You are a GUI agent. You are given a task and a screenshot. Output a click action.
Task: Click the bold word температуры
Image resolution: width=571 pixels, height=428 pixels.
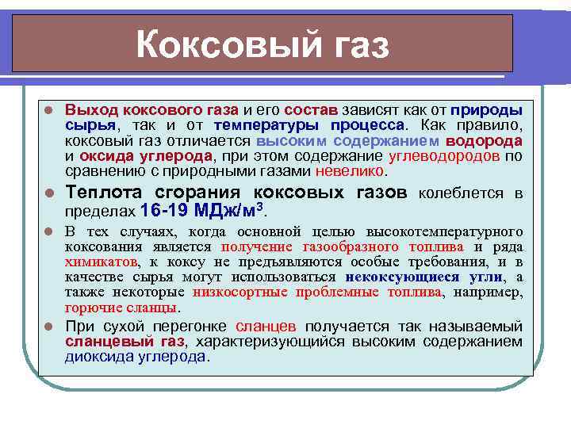pyautogui.click(x=266, y=125)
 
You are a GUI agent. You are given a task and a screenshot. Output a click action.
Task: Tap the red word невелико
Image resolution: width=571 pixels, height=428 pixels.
pyautogui.click(x=350, y=170)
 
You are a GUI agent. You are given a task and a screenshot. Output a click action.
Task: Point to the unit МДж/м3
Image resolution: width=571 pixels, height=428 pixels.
pyautogui.click(x=230, y=211)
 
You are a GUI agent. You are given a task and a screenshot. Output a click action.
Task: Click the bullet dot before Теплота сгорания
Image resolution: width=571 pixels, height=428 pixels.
pyautogui.click(x=48, y=193)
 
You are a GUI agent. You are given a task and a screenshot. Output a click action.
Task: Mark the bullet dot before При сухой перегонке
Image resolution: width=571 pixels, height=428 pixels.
pyautogui.click(x=48, y=326)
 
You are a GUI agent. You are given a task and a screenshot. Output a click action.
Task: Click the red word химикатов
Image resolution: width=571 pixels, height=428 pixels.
pyautogui.click(x=101, y=262)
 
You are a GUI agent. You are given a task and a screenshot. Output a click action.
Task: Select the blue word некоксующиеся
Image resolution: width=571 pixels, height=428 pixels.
pyautogui.click(x=403, y=277)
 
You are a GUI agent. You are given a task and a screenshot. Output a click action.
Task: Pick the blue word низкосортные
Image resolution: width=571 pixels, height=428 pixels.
pyautogui.click(x=252, y=292)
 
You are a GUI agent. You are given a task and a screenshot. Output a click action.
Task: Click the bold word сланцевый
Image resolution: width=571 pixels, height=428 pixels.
pyautogui.click(x=100, y=341)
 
